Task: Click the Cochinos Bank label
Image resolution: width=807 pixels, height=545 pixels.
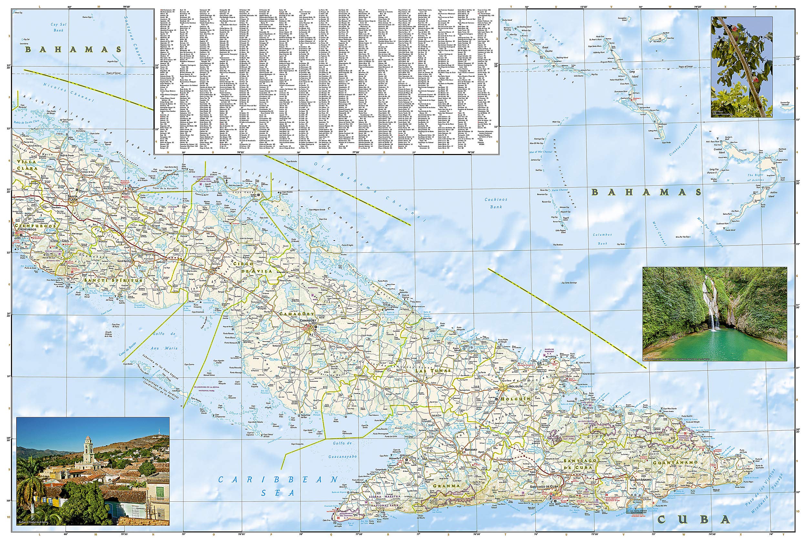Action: click(x=496, y=203)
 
